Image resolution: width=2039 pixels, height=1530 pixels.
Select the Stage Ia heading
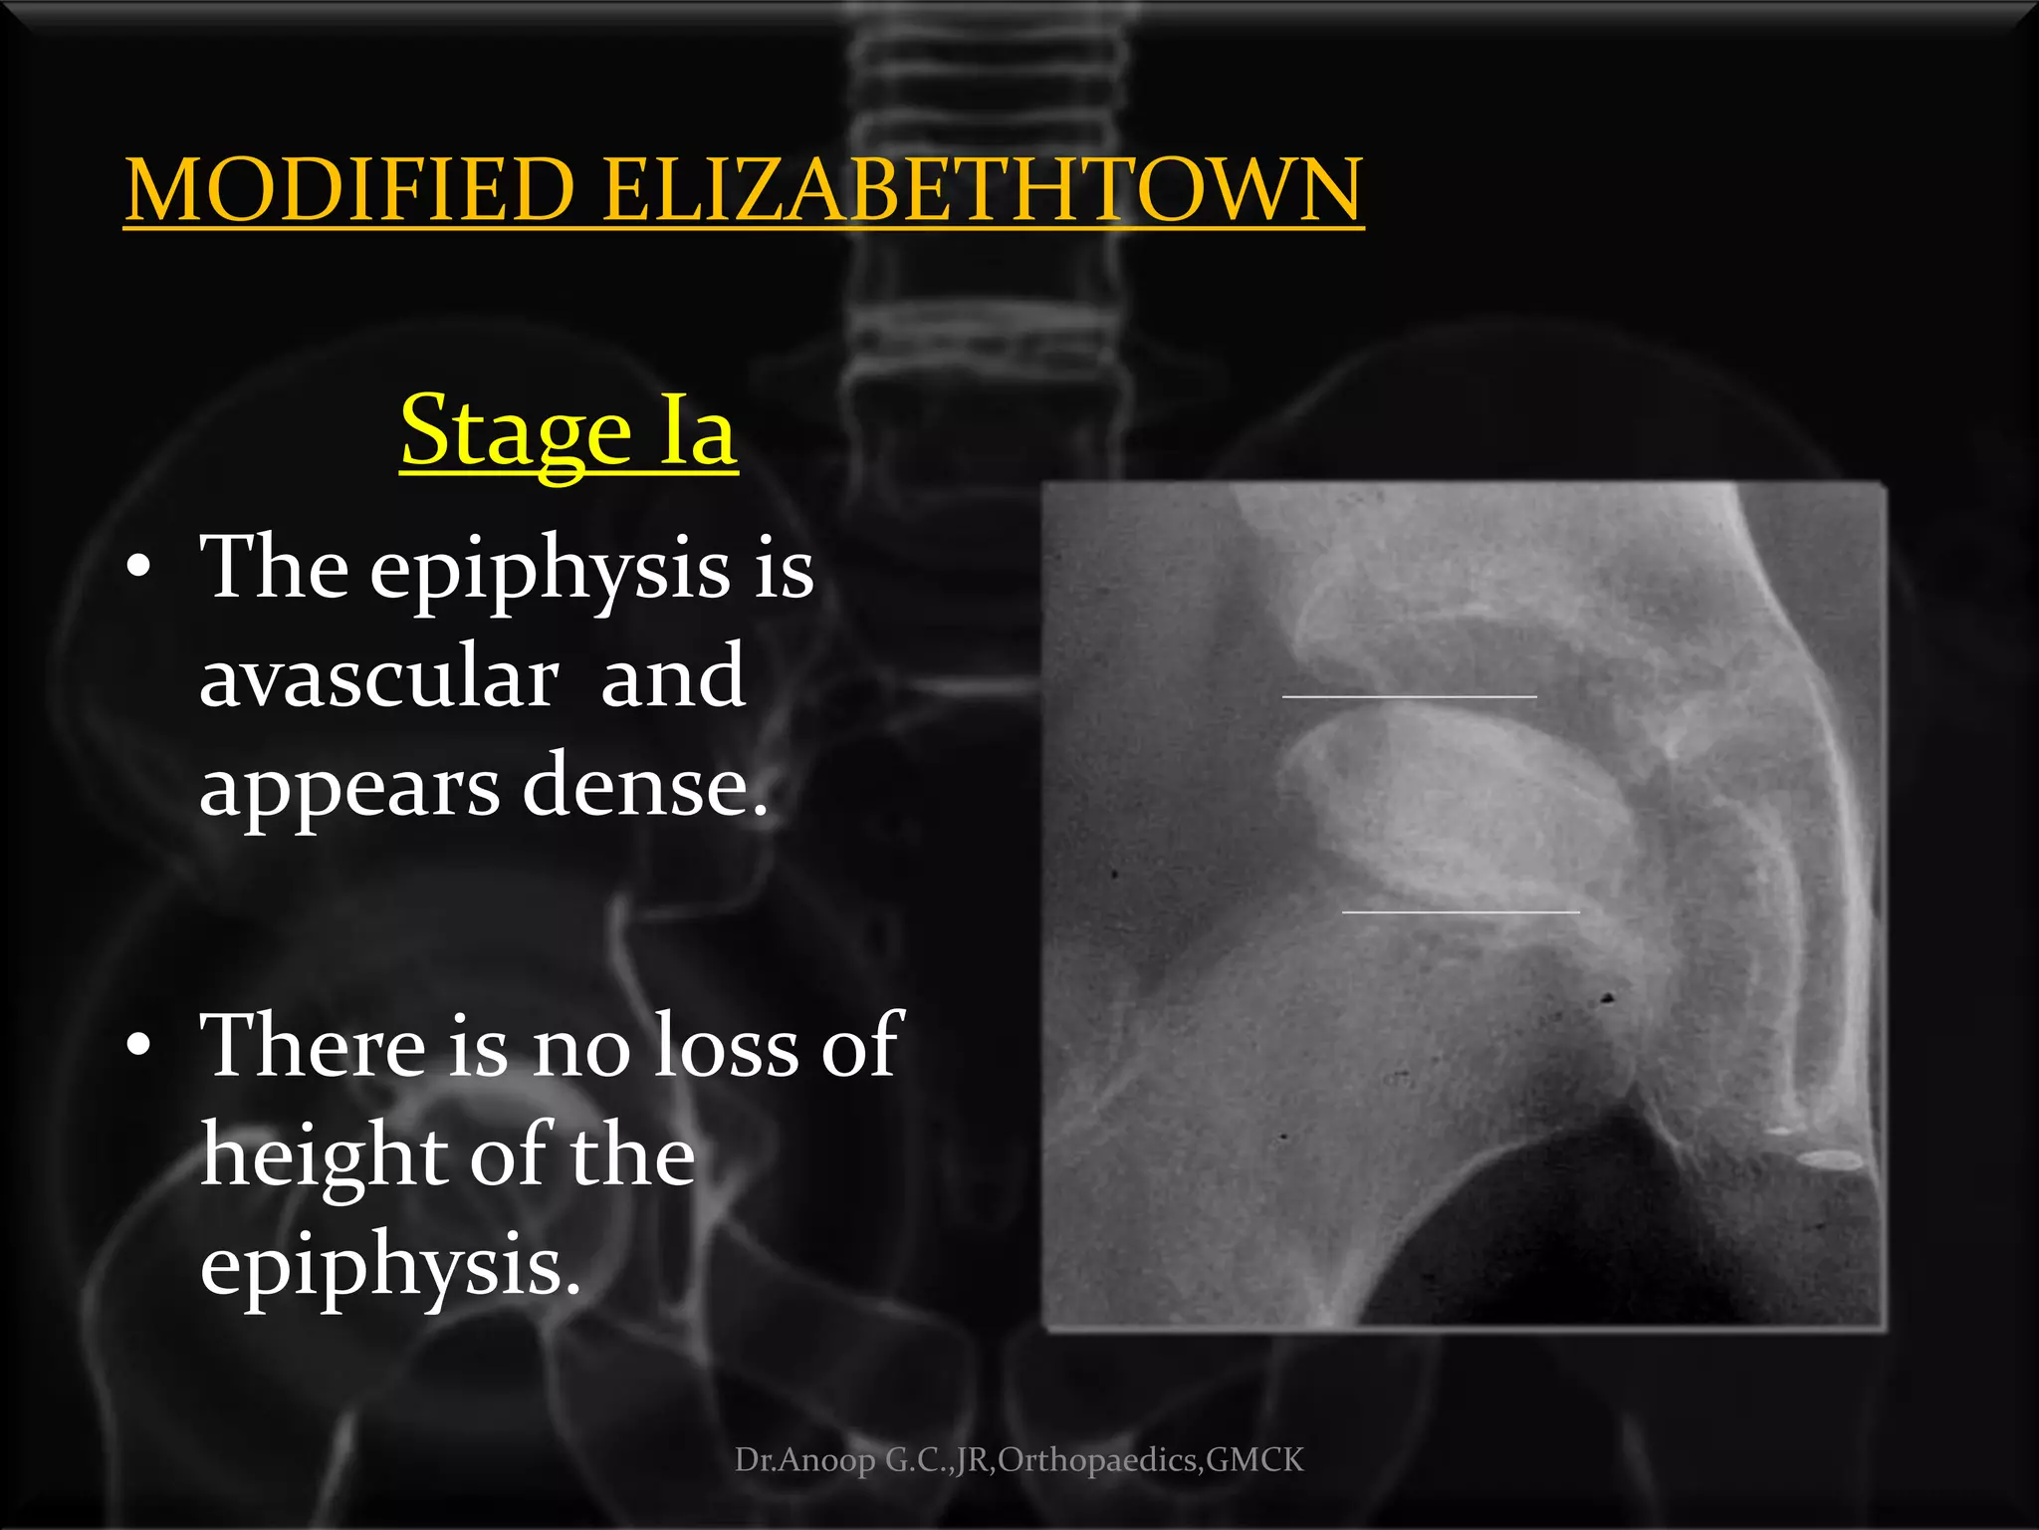pyautogui.click(x=568, y=430)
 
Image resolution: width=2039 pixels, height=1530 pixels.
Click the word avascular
pyautogui.click(x=378, y=677)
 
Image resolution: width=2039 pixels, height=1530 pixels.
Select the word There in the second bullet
pyautogui.click(x=313, y=1046)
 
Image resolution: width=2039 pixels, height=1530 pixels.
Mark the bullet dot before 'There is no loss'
pyautogui.click(x=139, y=1045)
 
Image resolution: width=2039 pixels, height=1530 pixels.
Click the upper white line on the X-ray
pyautogui.click(x=1409, y=696)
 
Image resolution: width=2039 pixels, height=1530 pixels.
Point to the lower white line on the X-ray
pyautogui.click(x=1461, y=911)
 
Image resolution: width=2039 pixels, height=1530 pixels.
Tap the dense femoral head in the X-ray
pyautogui.click(x=1464, y=807)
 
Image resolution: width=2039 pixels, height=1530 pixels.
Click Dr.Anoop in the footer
pyautogui.click(x=805, y=1460)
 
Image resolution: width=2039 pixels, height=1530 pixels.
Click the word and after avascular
pyautogui.click(x=672, y=677)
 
